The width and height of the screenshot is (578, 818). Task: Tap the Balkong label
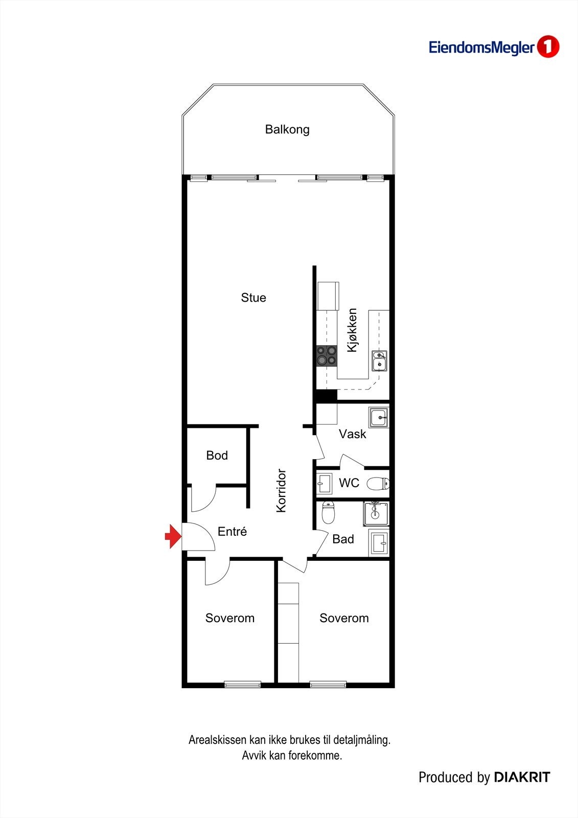[x=287, y=129]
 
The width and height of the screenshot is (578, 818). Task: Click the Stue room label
[x=253, y=298]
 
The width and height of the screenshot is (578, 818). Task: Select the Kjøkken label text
[x=352, y=330]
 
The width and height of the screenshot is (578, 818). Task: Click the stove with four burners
[x=327, y=355]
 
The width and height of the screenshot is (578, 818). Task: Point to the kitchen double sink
[x=379, y=360]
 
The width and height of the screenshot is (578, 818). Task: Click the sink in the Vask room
[x=379, y=417]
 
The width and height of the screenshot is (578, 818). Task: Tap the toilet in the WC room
[x=378, y=483]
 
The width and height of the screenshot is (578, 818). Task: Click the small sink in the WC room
[x=324, y=483]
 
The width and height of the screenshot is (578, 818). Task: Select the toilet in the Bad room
[x=328, y=513]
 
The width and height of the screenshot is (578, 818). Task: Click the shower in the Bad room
[x=376, y=514]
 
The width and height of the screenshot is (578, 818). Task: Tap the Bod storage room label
[x=217, y=456]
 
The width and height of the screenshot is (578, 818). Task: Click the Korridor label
[x=281, y=490]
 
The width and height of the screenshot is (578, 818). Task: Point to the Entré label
[x=232, y=532]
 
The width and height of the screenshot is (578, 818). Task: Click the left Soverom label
[x=230, y=618]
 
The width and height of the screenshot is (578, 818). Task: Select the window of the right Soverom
[x=328, y=684]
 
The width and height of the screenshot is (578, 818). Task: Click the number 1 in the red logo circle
[x=548, y=47]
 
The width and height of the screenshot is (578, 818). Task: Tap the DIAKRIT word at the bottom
[x=522, y=778]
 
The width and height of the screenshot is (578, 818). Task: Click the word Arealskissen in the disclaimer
[x=217, y=740]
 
